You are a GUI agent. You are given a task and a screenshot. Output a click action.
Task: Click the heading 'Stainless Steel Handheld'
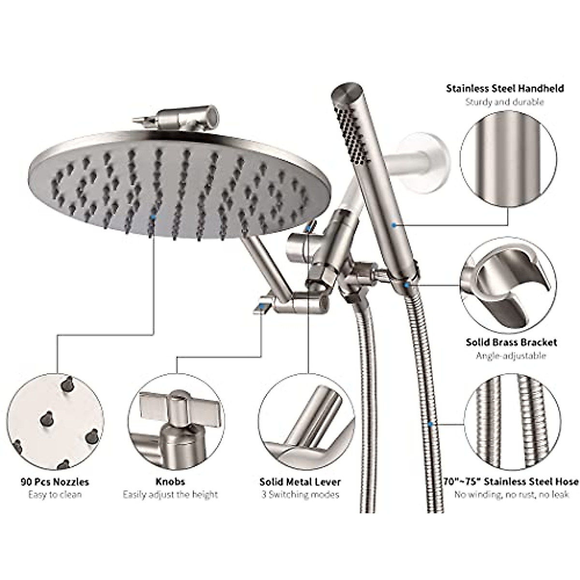pyautogui.click(x=505, y=88)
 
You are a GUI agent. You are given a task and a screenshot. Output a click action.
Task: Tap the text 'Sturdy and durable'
pyautogui.click(x=505, y=102)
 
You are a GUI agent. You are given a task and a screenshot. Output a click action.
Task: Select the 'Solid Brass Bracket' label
pyautogui.click(x=511, y=342)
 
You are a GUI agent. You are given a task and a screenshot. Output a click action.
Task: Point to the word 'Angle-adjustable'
pyautogui.click(x=511, y=356)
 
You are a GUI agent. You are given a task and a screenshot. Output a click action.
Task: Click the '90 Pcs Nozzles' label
pyautogui.click(x=55, y=481)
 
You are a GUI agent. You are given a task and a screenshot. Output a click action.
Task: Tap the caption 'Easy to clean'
pyautogui.click(x=55, y=494)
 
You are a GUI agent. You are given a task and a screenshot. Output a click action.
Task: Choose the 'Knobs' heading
pyautogui.click(x=170, y=481)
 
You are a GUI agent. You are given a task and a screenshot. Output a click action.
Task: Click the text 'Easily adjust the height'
pyautogui.click(x=170, y=494)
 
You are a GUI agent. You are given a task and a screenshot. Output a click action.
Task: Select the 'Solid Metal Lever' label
pyautogui.click(x=300, y=481)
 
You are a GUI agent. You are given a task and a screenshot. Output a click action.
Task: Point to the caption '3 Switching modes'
pyautogui.click(x=300, y=494)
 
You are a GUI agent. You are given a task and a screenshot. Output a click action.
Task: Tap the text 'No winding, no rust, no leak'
pyautogui.click(x=511, y=494)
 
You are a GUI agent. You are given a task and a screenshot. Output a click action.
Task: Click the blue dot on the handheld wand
pyautogui.click(x=395, y=225)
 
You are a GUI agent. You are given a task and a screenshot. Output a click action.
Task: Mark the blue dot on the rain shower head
pyautogui.click(x=153, y=218)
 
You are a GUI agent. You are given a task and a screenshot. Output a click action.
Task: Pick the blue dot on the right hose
pyautogui.click(x=430, y=424)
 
